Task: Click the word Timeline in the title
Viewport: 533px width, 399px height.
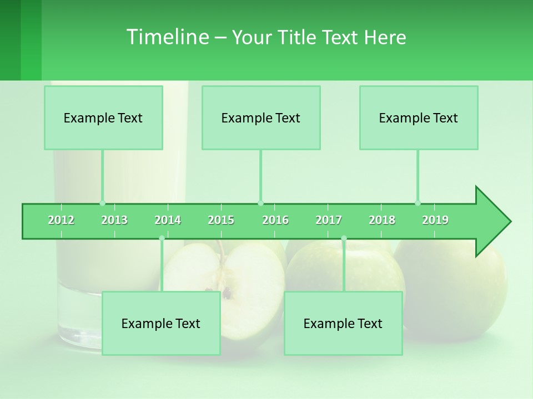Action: tap(167, 37)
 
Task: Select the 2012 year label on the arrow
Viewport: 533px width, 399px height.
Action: tap(61, 220)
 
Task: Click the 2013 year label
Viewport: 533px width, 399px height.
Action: tap(114, 220)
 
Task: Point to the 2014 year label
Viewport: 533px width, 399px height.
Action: tap(168, 220)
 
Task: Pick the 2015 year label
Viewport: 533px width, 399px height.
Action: tap(221, 220)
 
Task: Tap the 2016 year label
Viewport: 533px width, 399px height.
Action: tap(275, 220)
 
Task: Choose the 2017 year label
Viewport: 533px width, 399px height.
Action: tap(329, 220)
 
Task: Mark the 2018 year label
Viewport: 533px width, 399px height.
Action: tap(382, 220)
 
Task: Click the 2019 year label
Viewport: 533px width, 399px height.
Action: tap(435, 220)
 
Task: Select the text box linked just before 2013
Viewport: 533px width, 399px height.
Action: tap(103, 117)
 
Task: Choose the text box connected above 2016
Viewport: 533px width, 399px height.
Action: tap(261, 117)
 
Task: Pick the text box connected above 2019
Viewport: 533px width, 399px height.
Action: tap(419, 117)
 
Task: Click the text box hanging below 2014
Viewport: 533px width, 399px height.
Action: tap(161, 323)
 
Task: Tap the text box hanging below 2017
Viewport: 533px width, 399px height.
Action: tap(343, 323)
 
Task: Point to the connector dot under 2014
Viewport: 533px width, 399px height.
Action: tap(162, 238)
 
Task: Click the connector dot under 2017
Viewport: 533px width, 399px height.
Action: tap(344, 238)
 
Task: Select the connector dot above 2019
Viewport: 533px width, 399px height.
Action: tap(418, 203)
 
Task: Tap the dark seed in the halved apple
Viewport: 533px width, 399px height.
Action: tap(227, 292)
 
